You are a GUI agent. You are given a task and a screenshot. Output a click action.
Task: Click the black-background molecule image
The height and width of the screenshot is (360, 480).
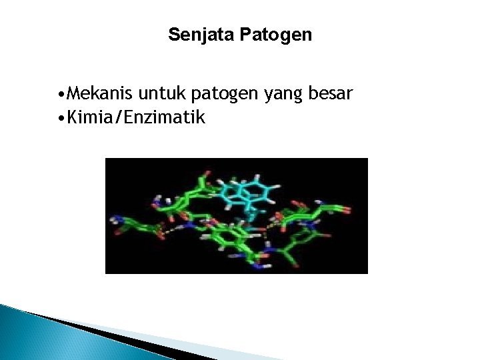coord(237,215)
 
